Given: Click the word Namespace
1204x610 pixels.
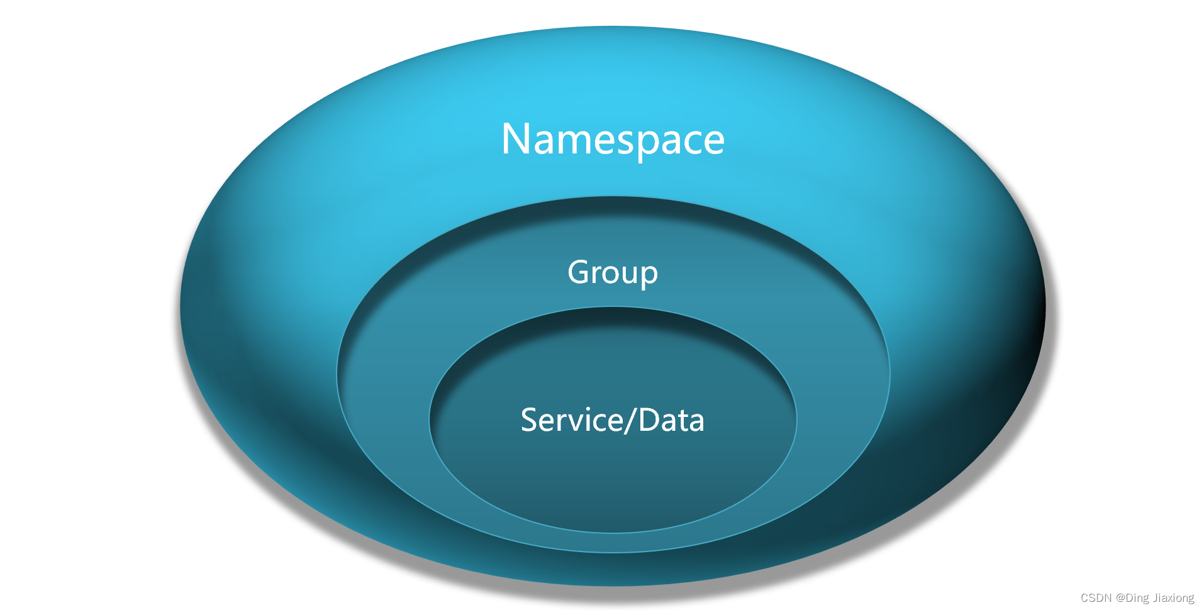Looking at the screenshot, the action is click(613, 139).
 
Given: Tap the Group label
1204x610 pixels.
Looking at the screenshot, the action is click(613, 273).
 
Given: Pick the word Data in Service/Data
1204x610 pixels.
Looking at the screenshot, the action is click(671, 420).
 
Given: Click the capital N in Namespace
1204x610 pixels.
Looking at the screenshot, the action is click(516, 139).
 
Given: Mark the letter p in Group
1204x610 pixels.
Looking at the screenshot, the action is click(650, 276).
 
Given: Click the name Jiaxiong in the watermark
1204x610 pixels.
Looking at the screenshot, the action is click(1174, 598).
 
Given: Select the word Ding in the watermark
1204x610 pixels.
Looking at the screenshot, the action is click(1138, 598).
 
